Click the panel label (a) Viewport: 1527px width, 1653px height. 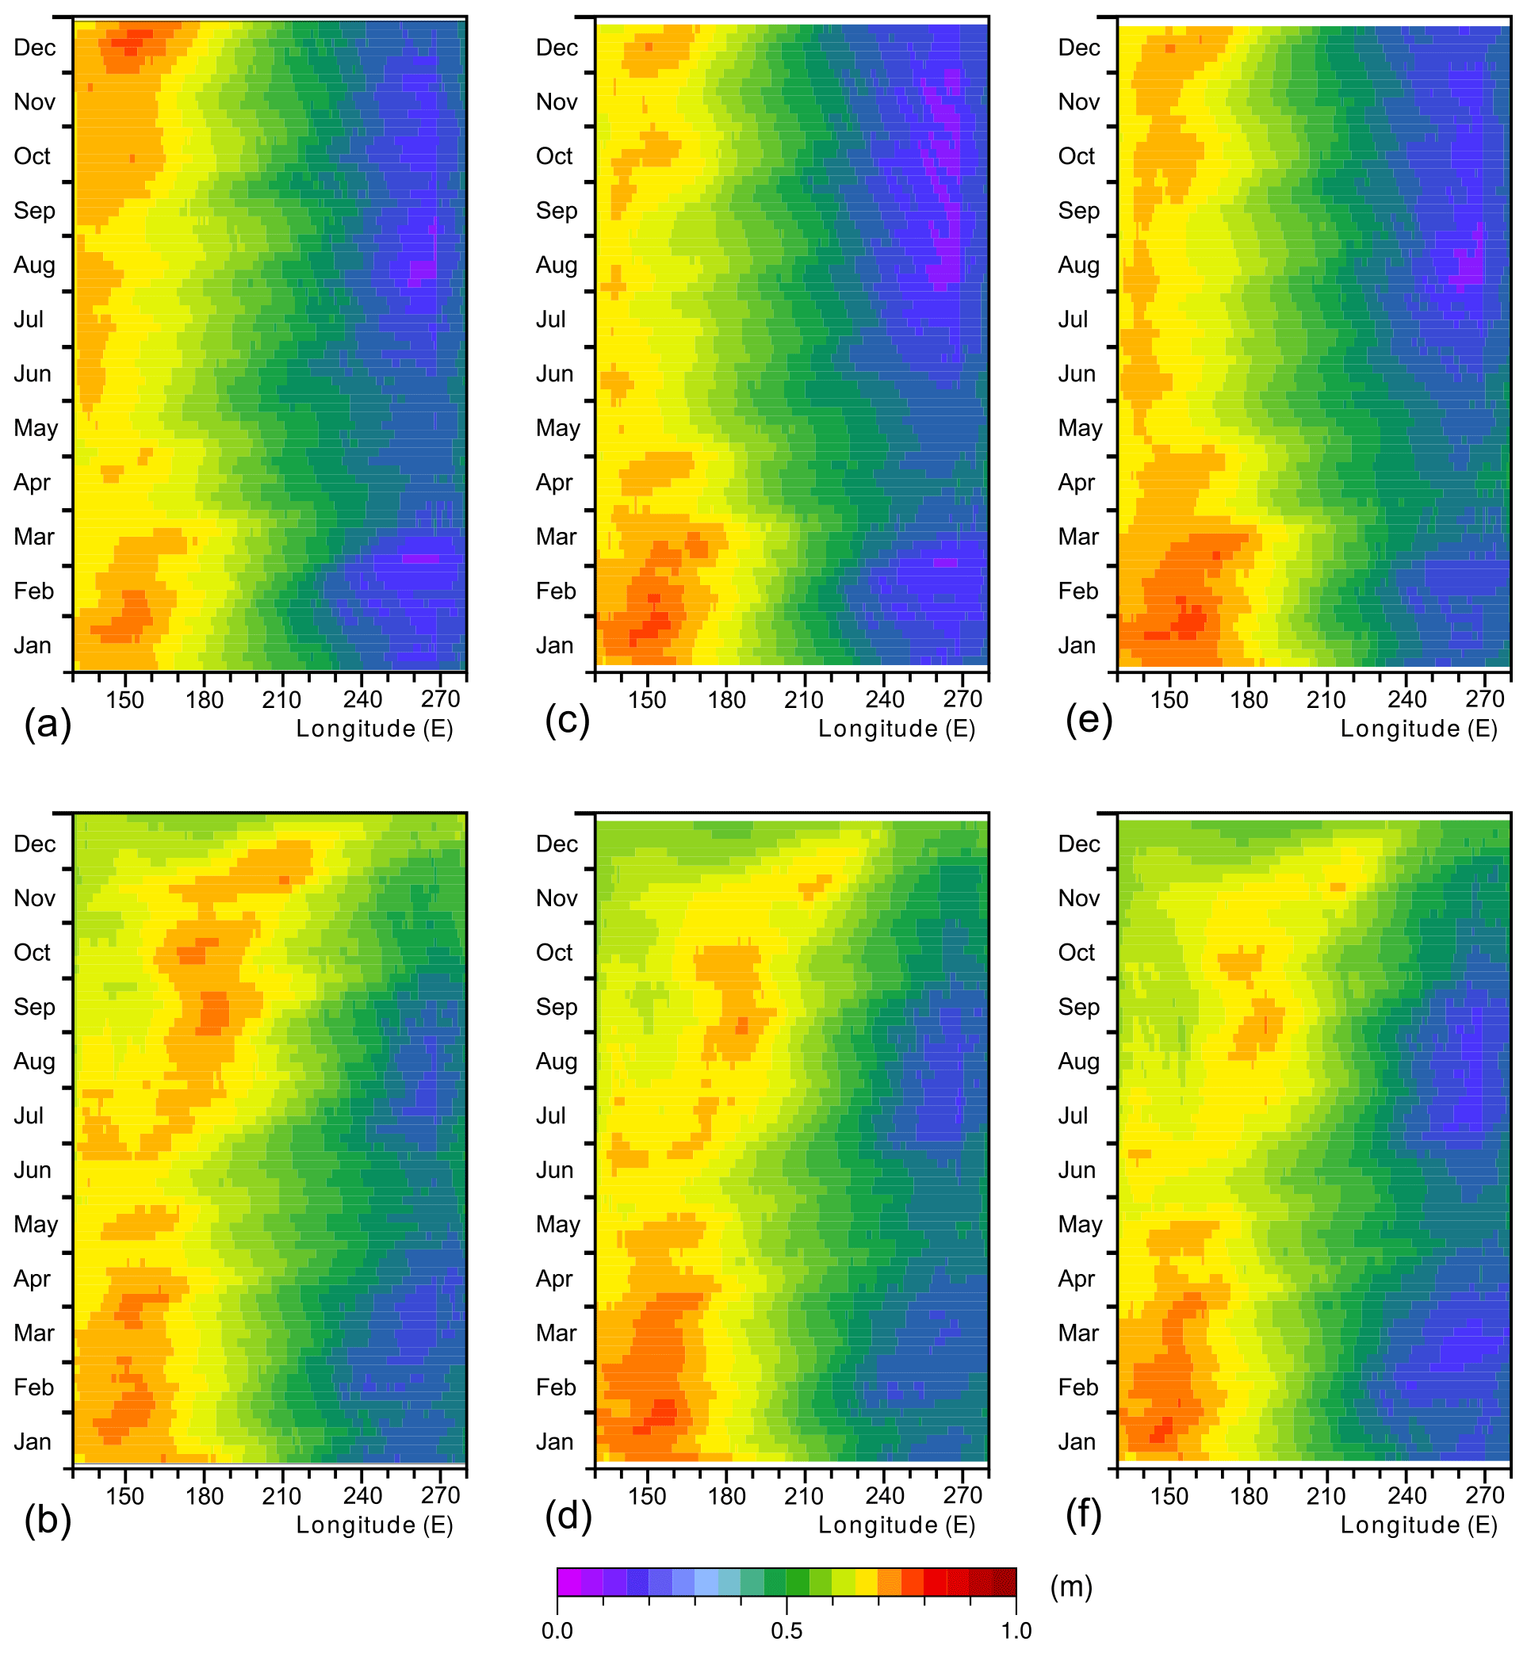(48, 725)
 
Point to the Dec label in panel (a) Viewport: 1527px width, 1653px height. (35, 48)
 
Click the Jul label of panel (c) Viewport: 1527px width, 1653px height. (550, 320)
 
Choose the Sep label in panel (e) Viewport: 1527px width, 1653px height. (1078, 211)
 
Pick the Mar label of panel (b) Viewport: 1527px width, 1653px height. (34, 1333)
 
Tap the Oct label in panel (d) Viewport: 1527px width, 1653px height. (553, 952)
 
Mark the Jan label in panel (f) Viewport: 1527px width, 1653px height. (1077, 1442)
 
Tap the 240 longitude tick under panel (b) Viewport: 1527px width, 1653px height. (363, 1496)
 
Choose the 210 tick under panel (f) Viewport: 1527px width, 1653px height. (1326, 1496)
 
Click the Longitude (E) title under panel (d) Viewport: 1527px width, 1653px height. (897, 1525)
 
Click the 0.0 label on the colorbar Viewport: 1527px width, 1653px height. (557, 1631)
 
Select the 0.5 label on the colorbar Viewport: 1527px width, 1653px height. (786, 1631)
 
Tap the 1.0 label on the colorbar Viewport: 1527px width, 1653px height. (1016, 1631)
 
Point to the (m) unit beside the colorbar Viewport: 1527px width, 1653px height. (1071, 1587)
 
